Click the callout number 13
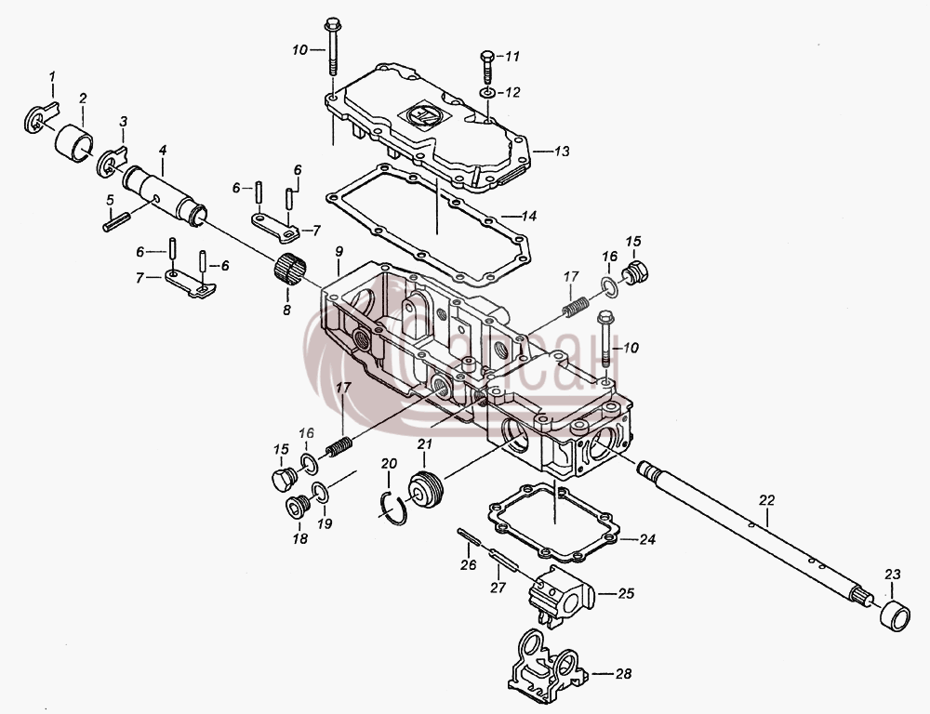(561, 152)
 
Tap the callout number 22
(767, 500)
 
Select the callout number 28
(623, 674)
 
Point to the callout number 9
(339, 251)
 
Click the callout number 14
(528, 216)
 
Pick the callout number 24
(647, 539)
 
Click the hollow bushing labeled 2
(74, 142)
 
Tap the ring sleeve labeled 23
(894, 616)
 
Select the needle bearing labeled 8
(290, 271)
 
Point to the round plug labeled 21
(427, 489)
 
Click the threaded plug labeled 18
(296, 506)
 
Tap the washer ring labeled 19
(320, 492)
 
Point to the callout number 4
(163, 151)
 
